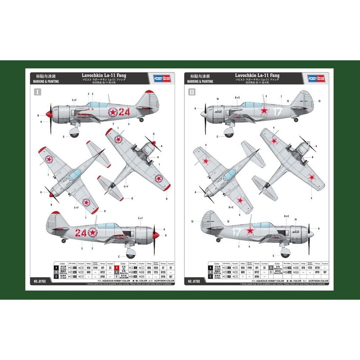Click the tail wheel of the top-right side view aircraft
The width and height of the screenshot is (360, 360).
(x=296, y=120)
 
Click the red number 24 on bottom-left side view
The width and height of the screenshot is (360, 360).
(x=81, y=233)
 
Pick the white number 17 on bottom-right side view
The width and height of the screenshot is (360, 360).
(x=236, y=232)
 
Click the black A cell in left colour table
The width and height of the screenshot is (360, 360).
(x=57, y=267)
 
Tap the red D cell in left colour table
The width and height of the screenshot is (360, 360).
(x=117, y=267)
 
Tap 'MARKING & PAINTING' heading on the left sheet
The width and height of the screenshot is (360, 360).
(x=45, y=81)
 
